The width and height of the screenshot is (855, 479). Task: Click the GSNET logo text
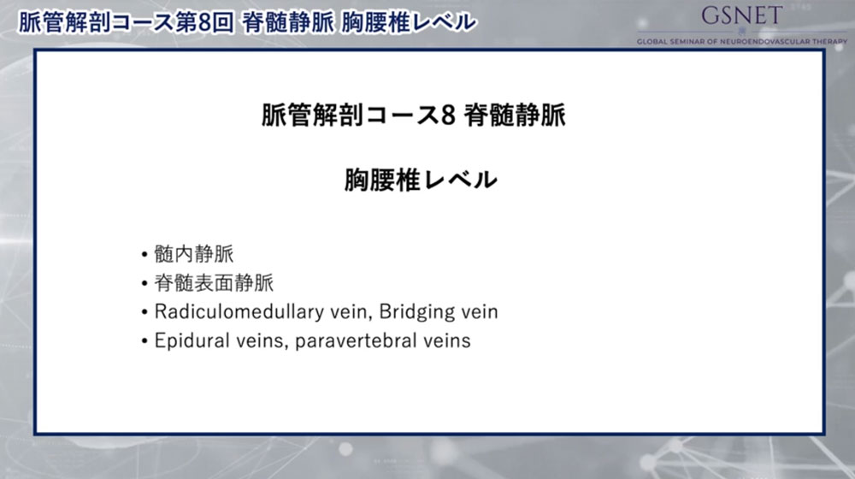click(x=741, y=15)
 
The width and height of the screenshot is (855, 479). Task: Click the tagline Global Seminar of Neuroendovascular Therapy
click(x=742, y=41)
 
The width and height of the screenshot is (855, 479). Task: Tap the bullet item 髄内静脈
click(x=193, y=254)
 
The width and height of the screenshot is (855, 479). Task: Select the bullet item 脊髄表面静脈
click(x=214, y=282)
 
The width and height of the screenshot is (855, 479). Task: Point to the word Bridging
click(x=414, y=312)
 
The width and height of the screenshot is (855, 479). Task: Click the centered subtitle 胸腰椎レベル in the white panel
click(x=421, y=180)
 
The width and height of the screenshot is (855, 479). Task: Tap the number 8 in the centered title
click(x=448, y=115)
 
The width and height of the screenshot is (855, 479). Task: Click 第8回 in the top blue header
click(x=205, y=23)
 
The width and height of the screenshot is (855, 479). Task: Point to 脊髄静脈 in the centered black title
click(x=516, y=115)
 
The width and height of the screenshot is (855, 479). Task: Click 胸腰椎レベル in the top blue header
click(x=409, y=23)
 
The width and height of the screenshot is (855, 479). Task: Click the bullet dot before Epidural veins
click(x=144, y=342)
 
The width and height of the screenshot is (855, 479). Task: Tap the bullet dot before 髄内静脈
click(x=144, y=255)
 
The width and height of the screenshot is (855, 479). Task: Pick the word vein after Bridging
click(x=476, y=312)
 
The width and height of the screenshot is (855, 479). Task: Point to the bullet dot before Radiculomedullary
click(x=144, y=312)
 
